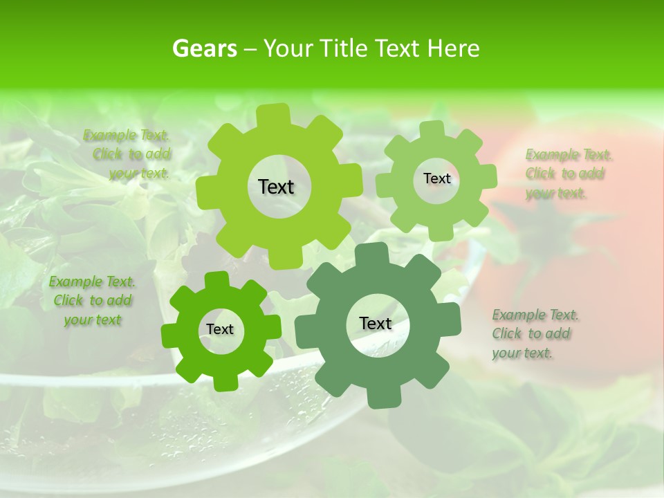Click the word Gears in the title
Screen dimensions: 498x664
204,48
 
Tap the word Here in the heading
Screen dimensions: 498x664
453,48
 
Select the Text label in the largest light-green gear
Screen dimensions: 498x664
276,187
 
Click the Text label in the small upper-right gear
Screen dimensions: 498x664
436,178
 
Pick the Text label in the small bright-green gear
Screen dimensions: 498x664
220,330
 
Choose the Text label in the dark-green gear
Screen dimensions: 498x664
376,324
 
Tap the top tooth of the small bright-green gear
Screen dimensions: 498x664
216,280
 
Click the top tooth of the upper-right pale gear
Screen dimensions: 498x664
433,129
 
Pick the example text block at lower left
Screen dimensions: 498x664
92,301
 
